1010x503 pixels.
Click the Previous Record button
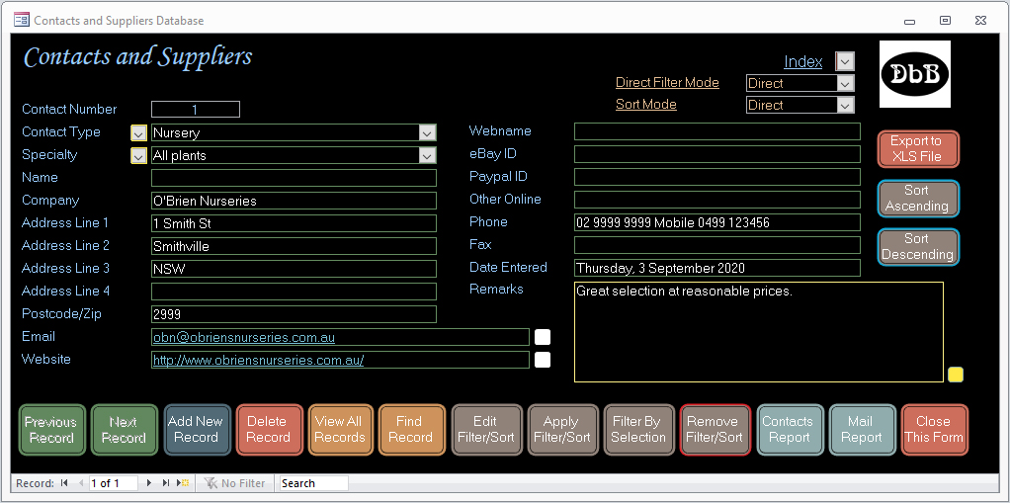(x=51, y=430)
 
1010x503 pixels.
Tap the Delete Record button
(x=269, y=430)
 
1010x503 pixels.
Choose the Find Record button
(x=411, y=430)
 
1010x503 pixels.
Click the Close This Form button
(x=934, y=430)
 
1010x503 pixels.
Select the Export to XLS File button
(x=917, y=149)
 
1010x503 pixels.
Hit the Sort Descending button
(x=917, y=247)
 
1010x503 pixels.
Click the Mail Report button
(x=862, y=430)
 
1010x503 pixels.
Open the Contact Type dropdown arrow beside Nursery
(x=427, y=132)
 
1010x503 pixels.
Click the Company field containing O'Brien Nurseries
(x=294, y=201)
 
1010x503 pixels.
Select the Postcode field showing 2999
(x=294, y=314)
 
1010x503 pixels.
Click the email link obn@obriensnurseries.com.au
(x=243, y=338)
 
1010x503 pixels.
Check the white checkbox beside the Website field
(x=543, y=360)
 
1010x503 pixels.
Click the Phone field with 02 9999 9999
(x=716, y=222)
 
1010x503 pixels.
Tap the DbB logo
(x=915, y=74)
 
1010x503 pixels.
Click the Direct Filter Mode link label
(x=667, y=82)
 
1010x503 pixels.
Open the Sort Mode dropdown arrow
(x=845, y=105)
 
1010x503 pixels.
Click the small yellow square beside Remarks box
(x=956, y=375)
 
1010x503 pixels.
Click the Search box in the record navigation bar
(x=313, y=483)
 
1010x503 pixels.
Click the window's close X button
(x=980, y=21)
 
